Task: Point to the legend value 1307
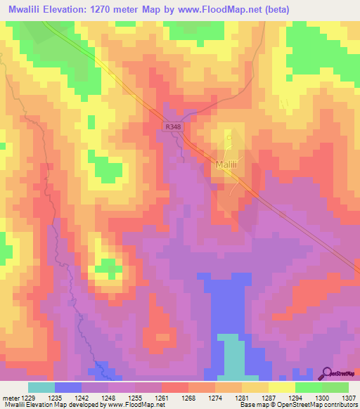349,398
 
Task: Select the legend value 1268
188,398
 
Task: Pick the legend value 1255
135,398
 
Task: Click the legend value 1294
295,398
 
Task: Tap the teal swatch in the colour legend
41,387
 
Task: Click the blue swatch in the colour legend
68,387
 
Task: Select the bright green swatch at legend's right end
335,387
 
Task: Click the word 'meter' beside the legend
11,398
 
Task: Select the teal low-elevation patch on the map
233,355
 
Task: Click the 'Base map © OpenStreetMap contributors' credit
297,405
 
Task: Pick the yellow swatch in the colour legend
282,387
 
